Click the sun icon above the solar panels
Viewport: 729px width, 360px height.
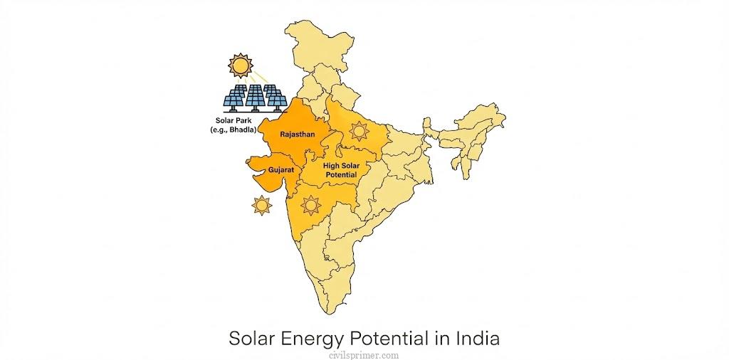click(x=240, y=65)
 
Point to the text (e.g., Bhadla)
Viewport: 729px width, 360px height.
click(x=233, y=129)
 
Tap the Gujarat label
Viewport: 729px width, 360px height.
click(x=282, y=171)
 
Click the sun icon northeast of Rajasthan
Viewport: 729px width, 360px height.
click(x=359, y=131)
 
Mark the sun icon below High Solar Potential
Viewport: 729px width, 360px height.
click(x=310, y=206)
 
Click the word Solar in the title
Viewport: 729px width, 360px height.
click(x=251, y=338)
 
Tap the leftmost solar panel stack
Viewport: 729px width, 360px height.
click(x=235, y=99)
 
